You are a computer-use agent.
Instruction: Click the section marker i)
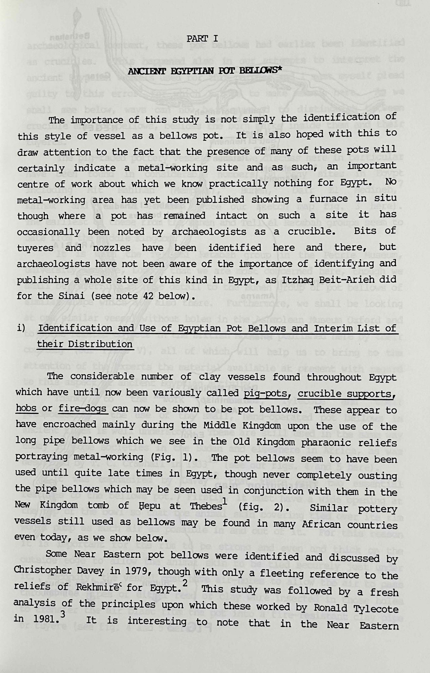point(21,328)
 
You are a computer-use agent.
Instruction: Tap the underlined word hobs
point(26,409)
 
